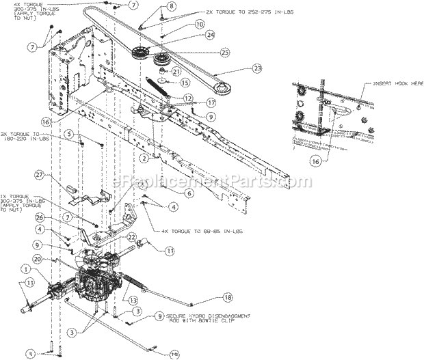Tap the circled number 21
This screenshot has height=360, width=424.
coord(176,72)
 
